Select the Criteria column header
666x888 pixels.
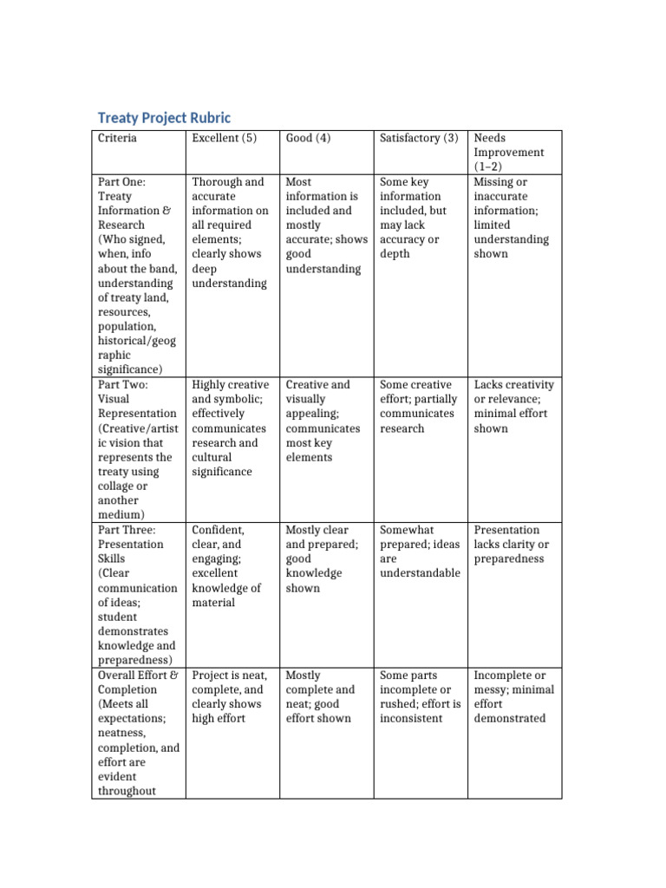pyautogui.click(x=117, y=138)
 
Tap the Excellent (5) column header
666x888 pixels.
pyautogui.click(x=224, y=138)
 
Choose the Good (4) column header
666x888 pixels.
pyautogui.click(x=308, y=138)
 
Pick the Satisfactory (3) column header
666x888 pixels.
pyautogui.click(x=419, y=138)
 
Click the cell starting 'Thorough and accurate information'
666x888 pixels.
pyautogui.click(x=230, y=232)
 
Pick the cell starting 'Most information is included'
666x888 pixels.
pyautogui.click(x=324, y=225)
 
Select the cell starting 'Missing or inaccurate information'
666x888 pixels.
pyautogui.click(x=512, y=218)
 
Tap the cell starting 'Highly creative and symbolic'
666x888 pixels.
pyautogui.click(x=230, y=428)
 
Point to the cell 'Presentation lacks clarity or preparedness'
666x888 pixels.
pyautogui.click(x=512, y=544)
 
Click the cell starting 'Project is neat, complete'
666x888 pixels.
pyautogui.click(x=230, y=696)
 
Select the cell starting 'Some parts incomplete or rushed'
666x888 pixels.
pyautogui.click(x=418, y=696)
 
